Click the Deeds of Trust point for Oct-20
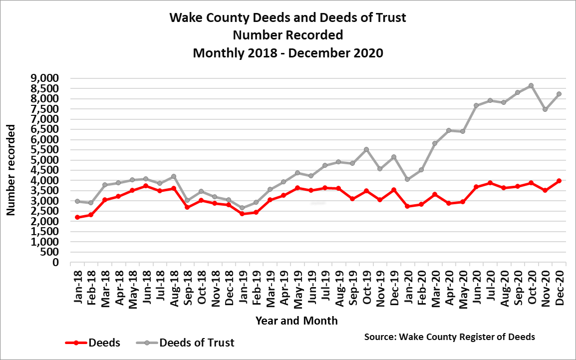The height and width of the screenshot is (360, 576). [x=531, y=85]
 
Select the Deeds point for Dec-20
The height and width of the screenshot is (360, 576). [x=559, y=181]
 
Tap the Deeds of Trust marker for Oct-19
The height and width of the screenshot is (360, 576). [x=366, y=149]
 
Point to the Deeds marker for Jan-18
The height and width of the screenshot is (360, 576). [x=77, y=217]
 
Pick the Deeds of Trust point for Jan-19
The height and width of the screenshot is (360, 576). [x=242, y=208]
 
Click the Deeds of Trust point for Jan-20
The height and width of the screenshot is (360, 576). [x=407, y=179]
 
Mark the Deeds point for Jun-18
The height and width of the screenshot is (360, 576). [x=146, y=186]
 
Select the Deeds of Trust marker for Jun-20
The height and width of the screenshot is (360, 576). [x=476, y=105]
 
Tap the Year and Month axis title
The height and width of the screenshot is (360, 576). [x=296, y=321]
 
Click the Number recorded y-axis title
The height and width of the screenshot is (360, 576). [x=10, y=170]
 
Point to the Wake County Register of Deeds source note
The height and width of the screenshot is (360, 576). [x=450, y=337]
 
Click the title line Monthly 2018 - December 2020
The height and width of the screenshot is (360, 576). [x=288, y=52]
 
